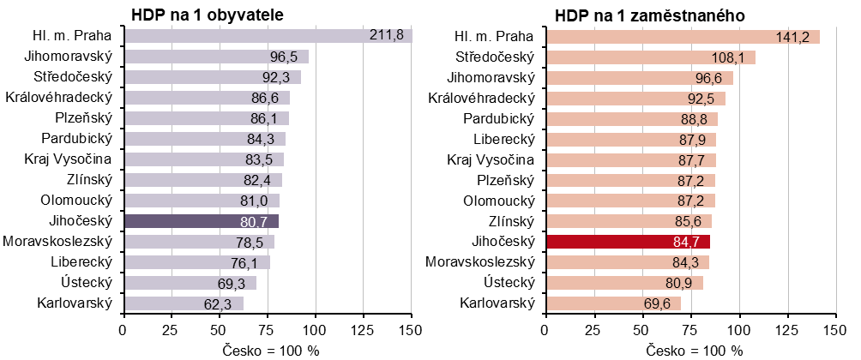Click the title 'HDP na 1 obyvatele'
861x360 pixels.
click(x=207, y=15)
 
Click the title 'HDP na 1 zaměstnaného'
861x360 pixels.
click(x=642, y=15)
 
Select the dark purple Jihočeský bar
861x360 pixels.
click(x=201, y=221)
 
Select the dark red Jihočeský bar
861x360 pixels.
click(x=628, y=241)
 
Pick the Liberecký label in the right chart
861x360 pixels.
click(x=503, y=139)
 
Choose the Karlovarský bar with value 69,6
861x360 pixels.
click(x=612, y=303)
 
